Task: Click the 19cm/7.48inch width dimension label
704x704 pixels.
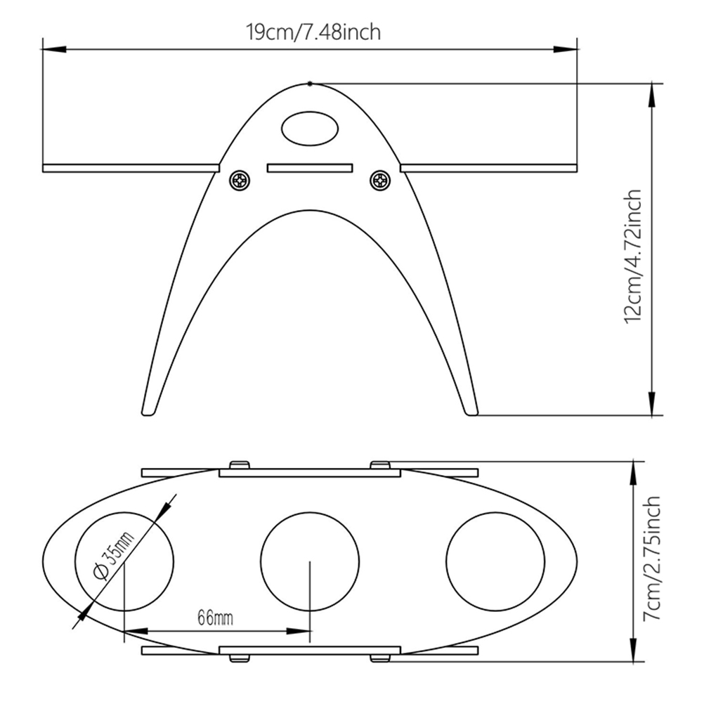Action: click(313, 32)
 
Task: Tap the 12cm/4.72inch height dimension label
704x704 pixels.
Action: click(633, 256)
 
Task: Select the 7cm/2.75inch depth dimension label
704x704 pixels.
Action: click(652, 558)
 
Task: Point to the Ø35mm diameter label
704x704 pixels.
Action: click(114, 556)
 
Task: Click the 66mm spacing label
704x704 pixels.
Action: click(216, 618)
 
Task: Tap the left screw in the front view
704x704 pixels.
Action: click(240, 181)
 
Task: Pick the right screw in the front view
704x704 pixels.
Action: click(380, 181)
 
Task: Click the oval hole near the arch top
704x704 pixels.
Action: click(310, 129)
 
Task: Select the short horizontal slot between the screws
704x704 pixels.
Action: click(310, 168)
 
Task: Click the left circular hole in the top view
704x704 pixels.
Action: click(124, 561)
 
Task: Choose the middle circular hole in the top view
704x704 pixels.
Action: click(310, 561)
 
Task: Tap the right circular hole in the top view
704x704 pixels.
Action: click(495, 561)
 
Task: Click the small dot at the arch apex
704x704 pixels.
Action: click(310, 84)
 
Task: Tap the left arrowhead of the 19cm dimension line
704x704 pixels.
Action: click(54, 49)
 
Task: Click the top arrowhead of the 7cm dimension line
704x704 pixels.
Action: click(633, 474)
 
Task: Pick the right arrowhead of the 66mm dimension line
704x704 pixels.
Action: click(299, 631)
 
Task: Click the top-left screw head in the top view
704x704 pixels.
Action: click(240, 464)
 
